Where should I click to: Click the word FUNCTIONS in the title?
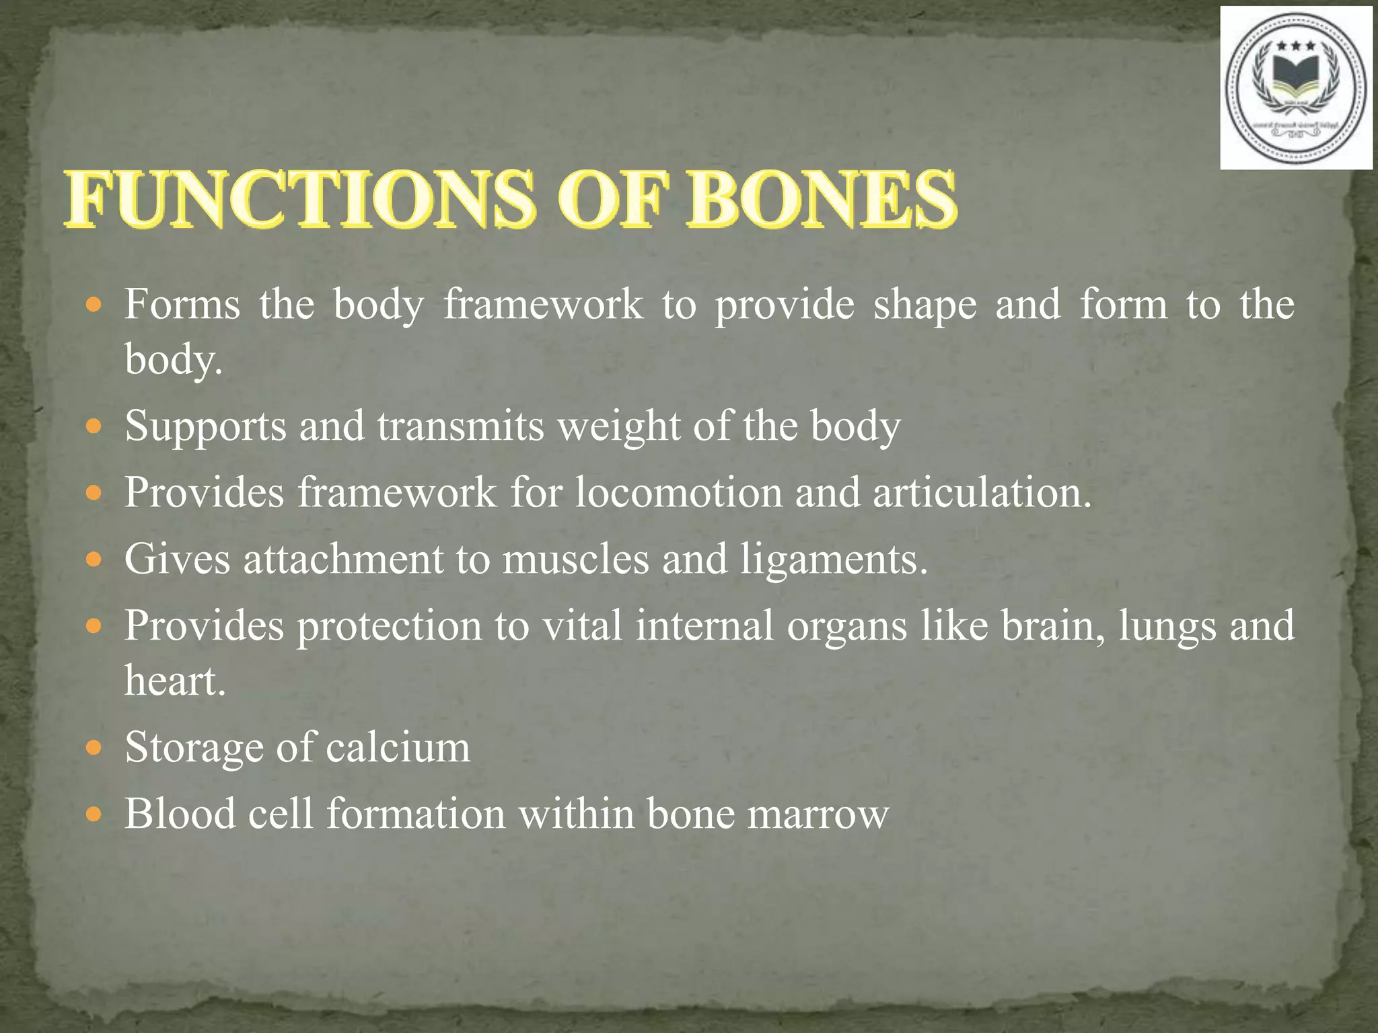point(300,200)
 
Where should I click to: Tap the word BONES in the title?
point(821,200)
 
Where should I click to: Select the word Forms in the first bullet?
point(182,305)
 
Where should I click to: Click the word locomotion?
point(679,492)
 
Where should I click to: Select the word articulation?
point(982,492)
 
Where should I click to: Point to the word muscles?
point(576,560)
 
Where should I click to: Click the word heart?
point(174,681)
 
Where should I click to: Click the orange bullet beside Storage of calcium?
point(94,748)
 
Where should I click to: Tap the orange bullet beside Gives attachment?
point(94,560)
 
